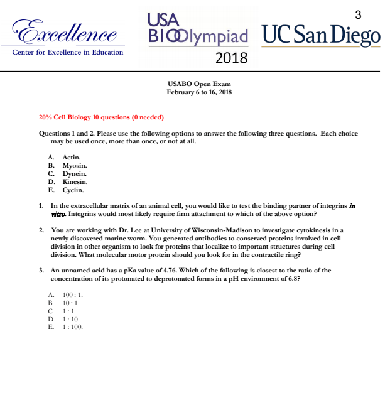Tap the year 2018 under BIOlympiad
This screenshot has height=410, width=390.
coord(231,59)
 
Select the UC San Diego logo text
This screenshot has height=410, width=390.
coord(321,35)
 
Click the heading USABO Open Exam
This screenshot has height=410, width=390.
coord(199,84)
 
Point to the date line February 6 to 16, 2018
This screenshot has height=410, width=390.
coord(199,92)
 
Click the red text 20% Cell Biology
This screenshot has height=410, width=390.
coord(67,117)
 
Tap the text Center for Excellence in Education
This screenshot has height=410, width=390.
coord(67,52)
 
